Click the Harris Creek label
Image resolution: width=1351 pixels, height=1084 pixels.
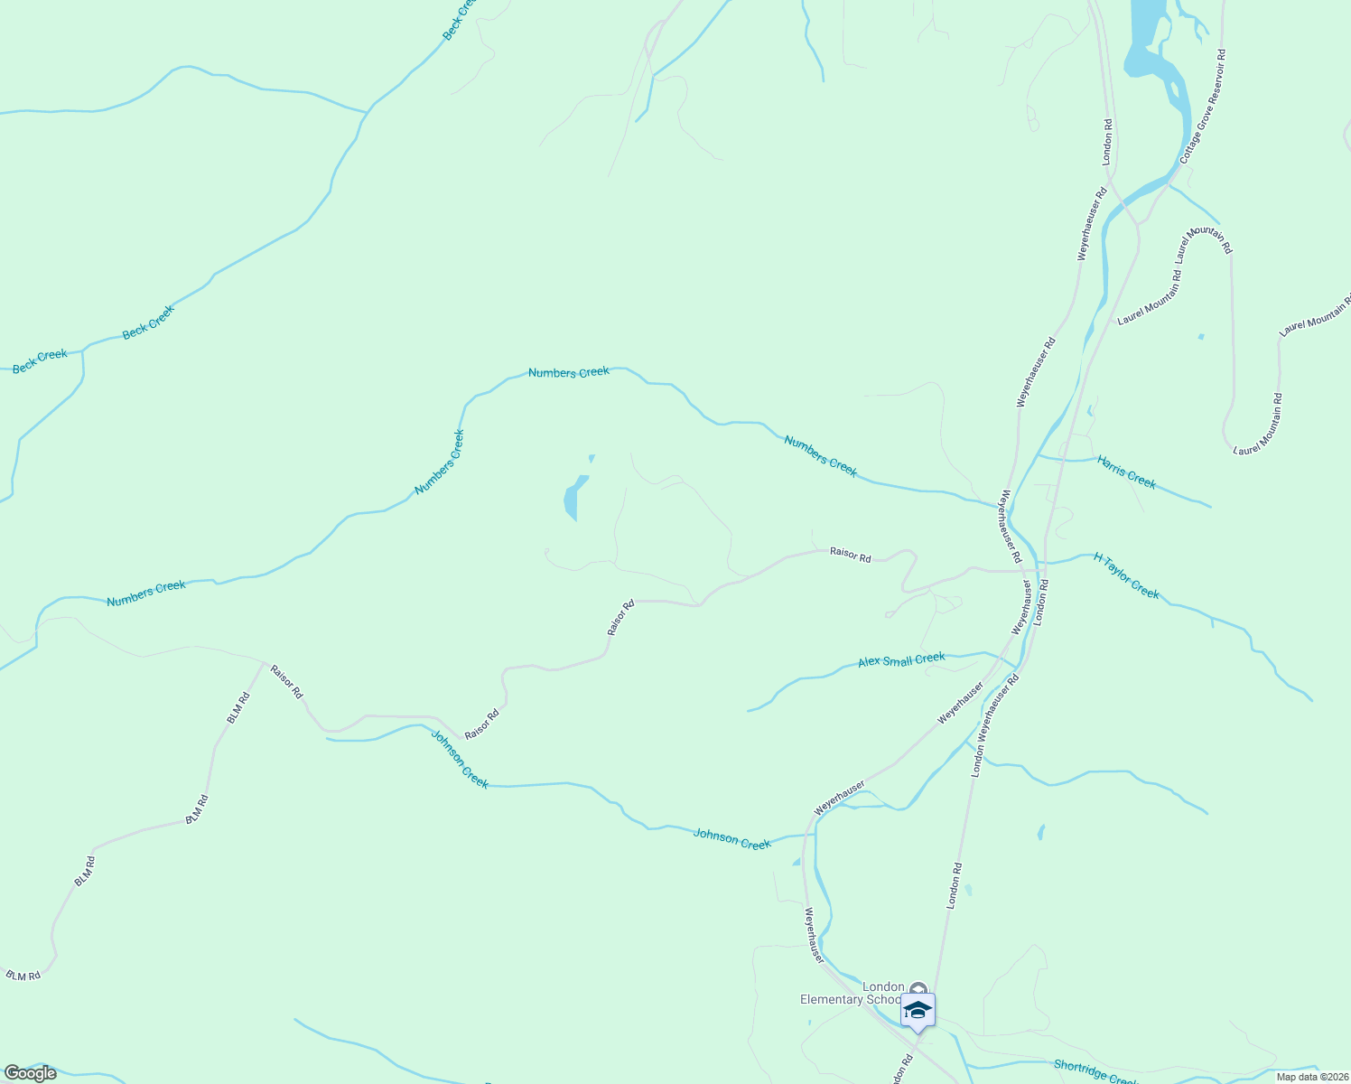coord(1126,472)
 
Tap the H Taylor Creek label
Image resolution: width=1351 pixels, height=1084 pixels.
coord(1126,575)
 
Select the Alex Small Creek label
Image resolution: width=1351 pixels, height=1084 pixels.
coord(901,660)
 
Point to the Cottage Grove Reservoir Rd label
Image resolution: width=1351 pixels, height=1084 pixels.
coord(1202,107)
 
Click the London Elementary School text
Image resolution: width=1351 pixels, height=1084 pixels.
coord(851,993)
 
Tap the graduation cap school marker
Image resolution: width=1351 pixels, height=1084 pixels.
coord(918,1010)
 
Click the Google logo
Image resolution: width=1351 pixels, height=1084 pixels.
coord(30,1073)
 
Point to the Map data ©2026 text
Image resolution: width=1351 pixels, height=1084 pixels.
coord(1310,1077)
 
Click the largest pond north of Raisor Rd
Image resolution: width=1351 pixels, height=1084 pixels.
coord(573,499)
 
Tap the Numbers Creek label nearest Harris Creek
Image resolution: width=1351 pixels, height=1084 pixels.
coord(820,455)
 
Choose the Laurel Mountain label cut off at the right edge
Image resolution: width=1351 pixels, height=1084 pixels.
coord(1314,315)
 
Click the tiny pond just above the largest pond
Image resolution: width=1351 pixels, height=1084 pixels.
coord(592,459)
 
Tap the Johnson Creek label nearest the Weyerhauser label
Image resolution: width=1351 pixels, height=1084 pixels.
coord(731,839)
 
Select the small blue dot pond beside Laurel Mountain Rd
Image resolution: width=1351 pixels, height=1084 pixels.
coord(1200,337)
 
